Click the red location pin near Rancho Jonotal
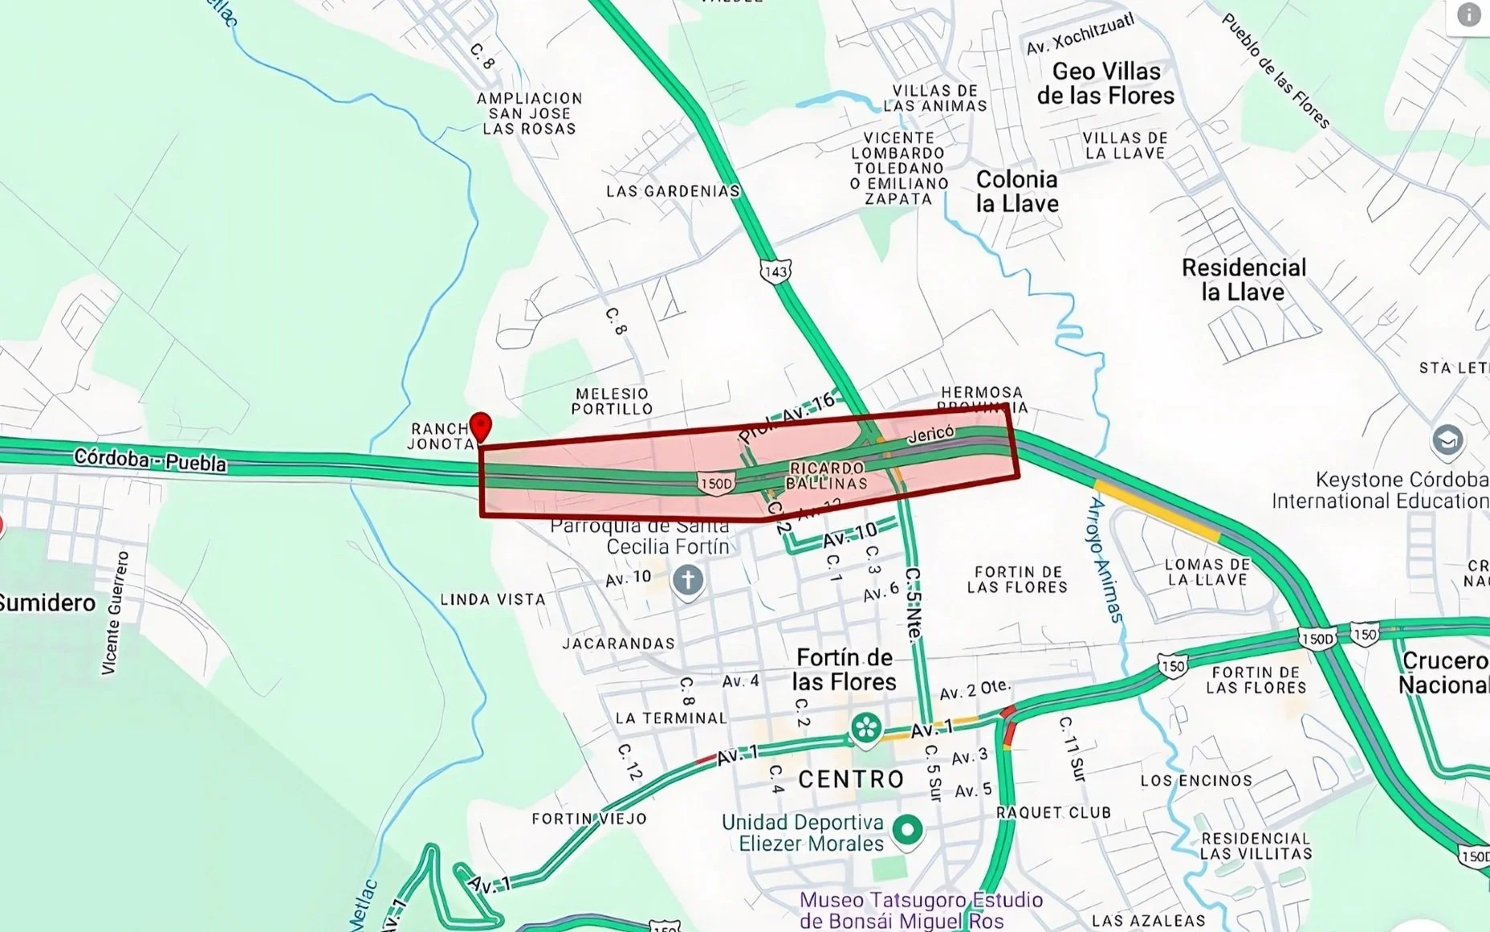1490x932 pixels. tap(480, 426)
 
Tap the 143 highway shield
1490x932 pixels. tap(776, 272)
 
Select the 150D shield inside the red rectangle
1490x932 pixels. tap(716, 484)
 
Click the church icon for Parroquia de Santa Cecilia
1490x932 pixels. tap(688, 580)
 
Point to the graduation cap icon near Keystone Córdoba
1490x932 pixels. tap(1447, 440)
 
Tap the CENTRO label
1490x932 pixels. tap(851, 779)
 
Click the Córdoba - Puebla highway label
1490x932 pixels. tap(150, 460)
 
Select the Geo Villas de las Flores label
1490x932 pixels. tap(1105, 84)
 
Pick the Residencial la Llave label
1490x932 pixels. tap(1244, 279)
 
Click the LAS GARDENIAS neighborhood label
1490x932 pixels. tap(672, 191)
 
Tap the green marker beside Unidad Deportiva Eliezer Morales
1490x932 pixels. tap(907, 829)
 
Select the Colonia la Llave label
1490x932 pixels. tap(1016, 191)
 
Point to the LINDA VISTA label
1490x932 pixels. tap(492, 599)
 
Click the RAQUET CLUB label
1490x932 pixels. tap(1053, 813)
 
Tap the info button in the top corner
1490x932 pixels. tap(1468, 14)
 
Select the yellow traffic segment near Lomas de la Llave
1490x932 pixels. tap(1156, 509)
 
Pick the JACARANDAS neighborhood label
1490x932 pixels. tap(618, 644)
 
